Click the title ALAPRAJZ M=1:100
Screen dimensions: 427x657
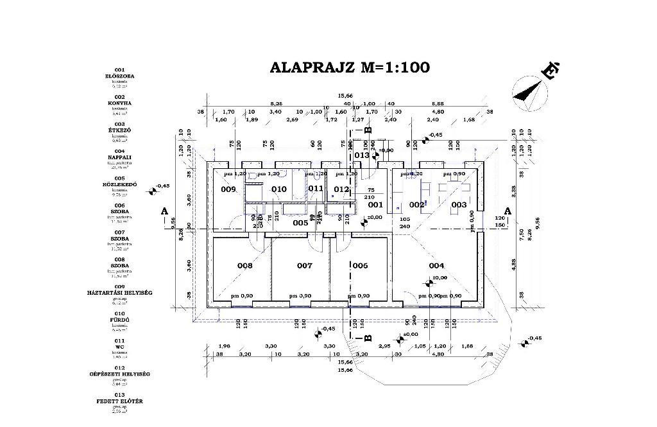pos(350,67)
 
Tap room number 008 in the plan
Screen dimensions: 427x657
pos(244,265)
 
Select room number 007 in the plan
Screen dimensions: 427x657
pos(304,265)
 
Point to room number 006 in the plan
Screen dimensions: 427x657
pos(360,265)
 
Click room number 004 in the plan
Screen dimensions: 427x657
pos(436,265)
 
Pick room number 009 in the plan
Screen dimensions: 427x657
pos(228,189)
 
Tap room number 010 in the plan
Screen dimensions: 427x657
pos(278,189)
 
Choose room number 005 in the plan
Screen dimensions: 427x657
pos(300,223)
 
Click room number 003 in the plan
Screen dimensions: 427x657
pos(459,205)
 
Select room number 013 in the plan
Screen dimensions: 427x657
pos(362,155)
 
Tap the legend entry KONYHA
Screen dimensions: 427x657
pos(119,103)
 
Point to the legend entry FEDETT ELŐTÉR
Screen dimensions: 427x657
pos(119,401)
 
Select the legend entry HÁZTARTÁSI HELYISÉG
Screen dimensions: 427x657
pos(119,293)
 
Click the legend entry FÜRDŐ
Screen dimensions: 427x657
pos(119,320)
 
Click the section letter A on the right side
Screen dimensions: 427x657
pos(508,211)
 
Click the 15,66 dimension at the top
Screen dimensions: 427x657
pos(350,96)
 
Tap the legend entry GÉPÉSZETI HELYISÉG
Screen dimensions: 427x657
pos(119,374)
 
